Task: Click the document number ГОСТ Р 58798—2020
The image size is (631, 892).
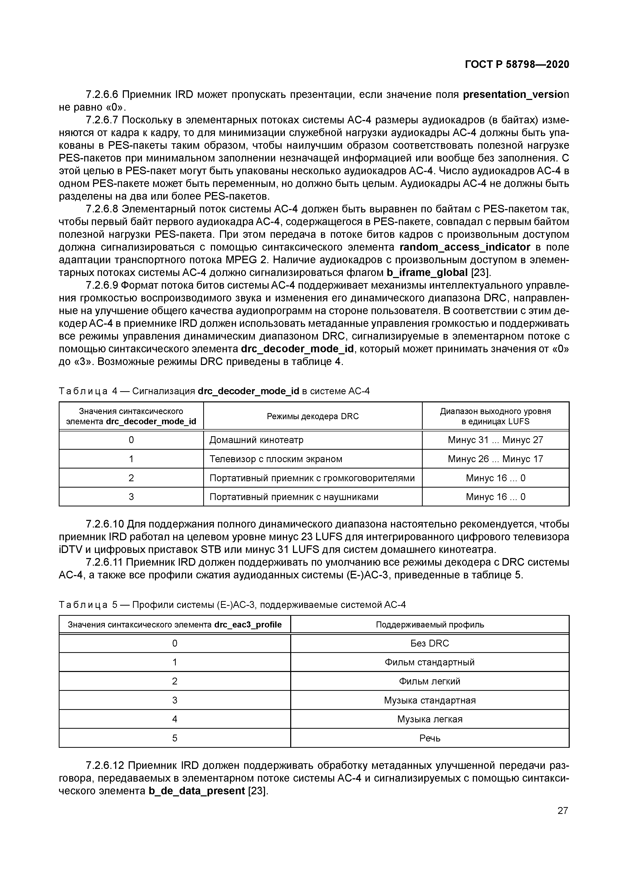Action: point(517,65)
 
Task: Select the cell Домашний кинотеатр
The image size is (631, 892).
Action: point(256,440)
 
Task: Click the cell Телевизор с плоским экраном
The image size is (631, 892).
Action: point(276,459)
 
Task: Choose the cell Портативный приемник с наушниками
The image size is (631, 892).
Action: point(294,497)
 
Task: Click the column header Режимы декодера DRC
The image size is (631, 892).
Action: point(313,416)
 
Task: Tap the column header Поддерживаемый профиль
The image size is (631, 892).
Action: point(430,625)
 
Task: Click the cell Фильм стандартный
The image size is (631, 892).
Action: point(430,662)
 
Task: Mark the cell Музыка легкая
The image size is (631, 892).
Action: point(430,719)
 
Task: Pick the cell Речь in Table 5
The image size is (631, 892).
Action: point(430,738)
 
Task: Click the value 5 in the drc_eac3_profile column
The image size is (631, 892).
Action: point(174,738)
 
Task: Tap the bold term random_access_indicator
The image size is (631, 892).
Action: point(465,247)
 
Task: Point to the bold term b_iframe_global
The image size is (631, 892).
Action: point(427,272)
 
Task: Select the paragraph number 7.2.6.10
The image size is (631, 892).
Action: point(105,524)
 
